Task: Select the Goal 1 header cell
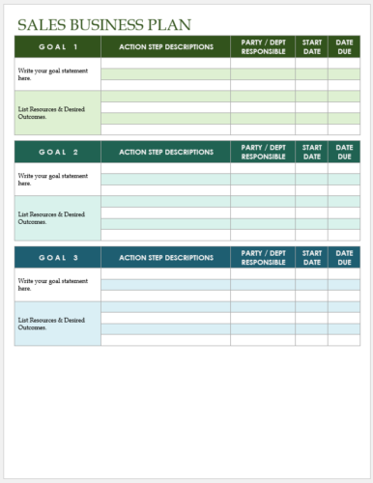57,46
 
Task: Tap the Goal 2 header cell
57,152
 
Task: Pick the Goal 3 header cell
57,258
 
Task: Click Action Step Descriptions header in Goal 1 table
165,46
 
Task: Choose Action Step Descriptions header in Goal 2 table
165,152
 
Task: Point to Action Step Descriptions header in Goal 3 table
165,258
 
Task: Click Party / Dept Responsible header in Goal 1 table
263,46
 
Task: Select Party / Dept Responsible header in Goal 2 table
263,152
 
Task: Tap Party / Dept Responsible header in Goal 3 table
263,258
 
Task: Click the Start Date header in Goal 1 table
312,46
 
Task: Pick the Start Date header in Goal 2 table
312,152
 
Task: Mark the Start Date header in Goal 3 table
312,258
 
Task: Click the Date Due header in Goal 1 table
344,46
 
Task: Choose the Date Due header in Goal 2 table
344,152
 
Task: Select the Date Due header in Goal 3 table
344,258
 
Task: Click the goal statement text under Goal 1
52,74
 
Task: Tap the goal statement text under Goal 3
52,285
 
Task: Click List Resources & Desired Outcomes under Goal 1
50,112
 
